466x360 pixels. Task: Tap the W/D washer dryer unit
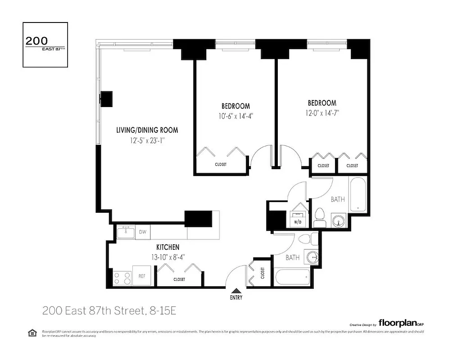(x=298, y=218)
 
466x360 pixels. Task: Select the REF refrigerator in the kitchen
(x=141, y=276)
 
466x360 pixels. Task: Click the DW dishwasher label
(x=142, y=232)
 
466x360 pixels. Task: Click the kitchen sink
(x=126, y=232)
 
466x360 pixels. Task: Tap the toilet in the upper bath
(x=320, y=218)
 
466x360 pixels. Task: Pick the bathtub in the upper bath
(x=358, y=194)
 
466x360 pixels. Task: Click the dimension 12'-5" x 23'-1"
(x=147, y=140)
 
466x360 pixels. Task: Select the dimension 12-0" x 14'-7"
(x=322, y=113)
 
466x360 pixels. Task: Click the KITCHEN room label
(x=167, y=247)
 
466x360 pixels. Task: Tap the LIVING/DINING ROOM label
(x=147, y=130)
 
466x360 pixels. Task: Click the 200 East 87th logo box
(x=45, y=45)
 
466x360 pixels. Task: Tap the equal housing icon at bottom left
(x=32, y=333)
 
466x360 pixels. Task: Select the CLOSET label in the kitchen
(x=179, y=279)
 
